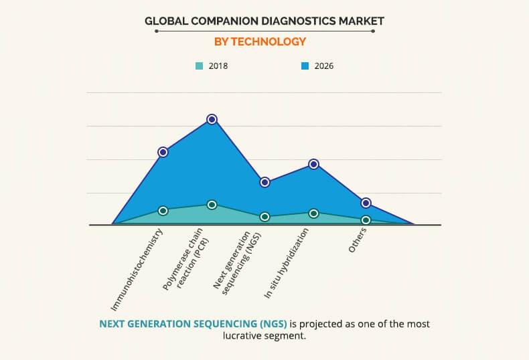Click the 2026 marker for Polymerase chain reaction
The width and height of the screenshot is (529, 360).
click(212, 119)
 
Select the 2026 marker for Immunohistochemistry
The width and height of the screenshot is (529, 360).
click(163, 152)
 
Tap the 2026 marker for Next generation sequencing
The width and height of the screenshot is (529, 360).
click(264, 182)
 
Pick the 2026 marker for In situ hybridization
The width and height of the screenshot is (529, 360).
click(313, 164)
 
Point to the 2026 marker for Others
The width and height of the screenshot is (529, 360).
click(366, 203)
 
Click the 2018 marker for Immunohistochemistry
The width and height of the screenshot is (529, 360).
click(163, 210)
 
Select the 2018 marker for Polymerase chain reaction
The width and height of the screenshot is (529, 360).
click(212, 205)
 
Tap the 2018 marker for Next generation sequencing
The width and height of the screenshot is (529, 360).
click(264, 217)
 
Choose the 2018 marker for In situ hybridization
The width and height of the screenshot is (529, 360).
click(313, 213)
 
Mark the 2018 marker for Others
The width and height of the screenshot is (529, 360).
click(366, 219)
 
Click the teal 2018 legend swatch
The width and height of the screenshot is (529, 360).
click(199, 66)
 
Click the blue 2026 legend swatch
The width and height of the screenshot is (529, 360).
click(305, 66)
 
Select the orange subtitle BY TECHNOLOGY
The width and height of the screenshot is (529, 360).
click(260, 41)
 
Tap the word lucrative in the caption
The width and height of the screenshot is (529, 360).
click(246, 337)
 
